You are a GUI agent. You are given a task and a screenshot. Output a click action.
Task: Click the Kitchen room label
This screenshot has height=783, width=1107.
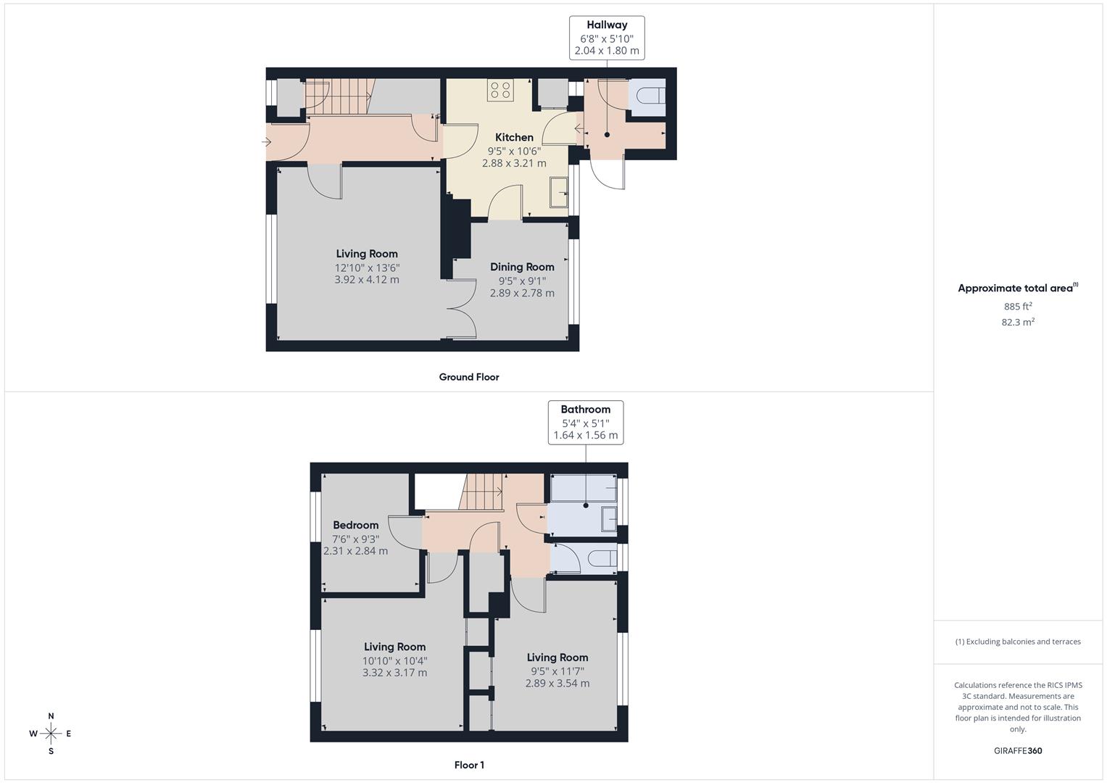point(514,138)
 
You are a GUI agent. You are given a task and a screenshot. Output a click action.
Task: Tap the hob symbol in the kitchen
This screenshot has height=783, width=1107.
point(500,90)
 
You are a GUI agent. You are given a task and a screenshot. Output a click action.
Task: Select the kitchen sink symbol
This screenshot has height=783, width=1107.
point(559,193)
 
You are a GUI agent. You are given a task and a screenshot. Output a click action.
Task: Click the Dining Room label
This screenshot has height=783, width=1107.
point(522,267)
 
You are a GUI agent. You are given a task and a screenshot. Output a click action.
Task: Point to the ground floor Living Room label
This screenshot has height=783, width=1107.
point(367,254)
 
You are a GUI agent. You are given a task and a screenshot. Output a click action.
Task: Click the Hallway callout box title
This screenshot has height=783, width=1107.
point(607,25)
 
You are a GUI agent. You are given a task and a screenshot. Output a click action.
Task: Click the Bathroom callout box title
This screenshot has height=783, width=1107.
point(585,410)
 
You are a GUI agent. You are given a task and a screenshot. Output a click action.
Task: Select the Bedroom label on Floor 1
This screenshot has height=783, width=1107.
point(355,525)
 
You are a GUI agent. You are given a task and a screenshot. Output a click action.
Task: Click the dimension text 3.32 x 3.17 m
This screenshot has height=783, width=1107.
point(394,673)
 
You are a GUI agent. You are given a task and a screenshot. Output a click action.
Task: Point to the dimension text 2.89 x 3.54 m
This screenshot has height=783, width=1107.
point(557,684)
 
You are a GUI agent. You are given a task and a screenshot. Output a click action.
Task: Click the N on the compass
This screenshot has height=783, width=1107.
point(51,716)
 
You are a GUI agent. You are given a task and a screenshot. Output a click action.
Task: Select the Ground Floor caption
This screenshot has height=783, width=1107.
point(469,377)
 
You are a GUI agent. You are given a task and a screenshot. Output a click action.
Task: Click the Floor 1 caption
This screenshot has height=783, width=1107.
point(469,765)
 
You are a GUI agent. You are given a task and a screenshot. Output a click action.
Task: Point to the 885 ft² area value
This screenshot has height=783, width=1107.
point(1018,307)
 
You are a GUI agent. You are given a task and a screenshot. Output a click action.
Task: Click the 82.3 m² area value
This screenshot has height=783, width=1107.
point(1018,323)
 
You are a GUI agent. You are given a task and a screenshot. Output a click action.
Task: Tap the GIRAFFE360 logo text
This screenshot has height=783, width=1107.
point(1018,751)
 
